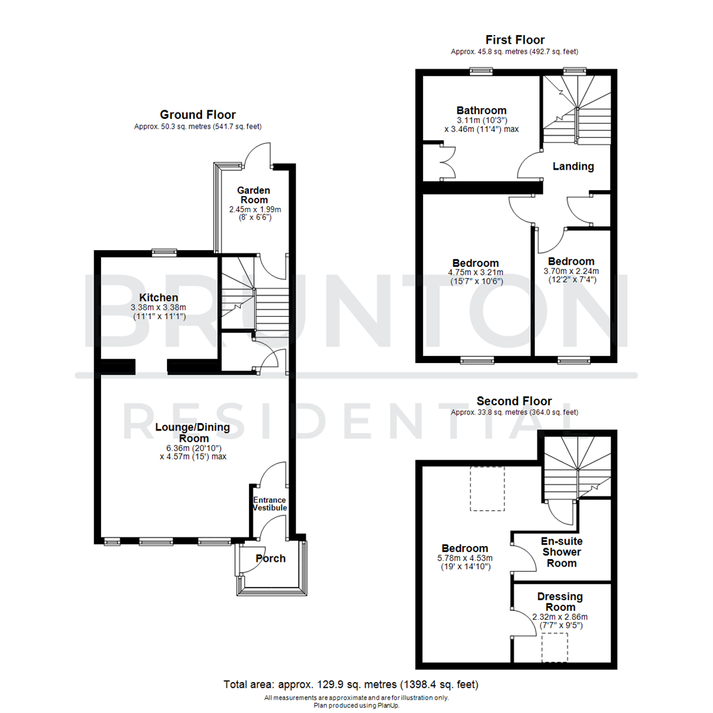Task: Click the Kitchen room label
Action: (158, 298)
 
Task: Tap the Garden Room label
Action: (254, 195)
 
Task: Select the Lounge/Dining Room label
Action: (192, 432)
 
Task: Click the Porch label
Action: (271, 559)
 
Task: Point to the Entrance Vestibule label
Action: (270, 504)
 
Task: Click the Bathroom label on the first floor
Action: (481, 110)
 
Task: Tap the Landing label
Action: (573, 166)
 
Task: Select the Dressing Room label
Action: (560, 601)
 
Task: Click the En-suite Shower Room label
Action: (561, 552)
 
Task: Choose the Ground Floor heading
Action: (197, 115)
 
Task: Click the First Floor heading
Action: (515, 40)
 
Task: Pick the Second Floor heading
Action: (514, 401)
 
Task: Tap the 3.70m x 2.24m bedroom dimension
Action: (570, 271)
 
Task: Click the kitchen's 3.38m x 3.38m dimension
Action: (158, 307)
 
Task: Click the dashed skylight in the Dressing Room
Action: (555, 647)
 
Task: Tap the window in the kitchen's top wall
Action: (164, 251)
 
